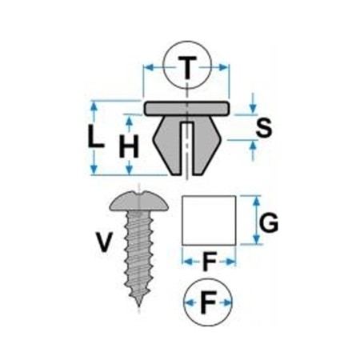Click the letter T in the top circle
tap(188, 68)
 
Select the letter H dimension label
tap(130, 146)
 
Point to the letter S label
tap(264, 127)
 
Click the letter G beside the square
tap(269, 222)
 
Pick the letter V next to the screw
tap(104, 242)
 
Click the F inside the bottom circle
tap(208, 302)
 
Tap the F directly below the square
tap(210, 261)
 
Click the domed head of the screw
tap(138, 201)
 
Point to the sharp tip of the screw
tap(138, 306)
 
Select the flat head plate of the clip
tap(187, 108)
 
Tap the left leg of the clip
tap(167, 145)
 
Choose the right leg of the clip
tap(207, 145)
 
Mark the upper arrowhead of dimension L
tap(94, 106)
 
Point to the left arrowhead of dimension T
tap(150, 67)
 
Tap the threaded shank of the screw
tap(139, 254)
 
